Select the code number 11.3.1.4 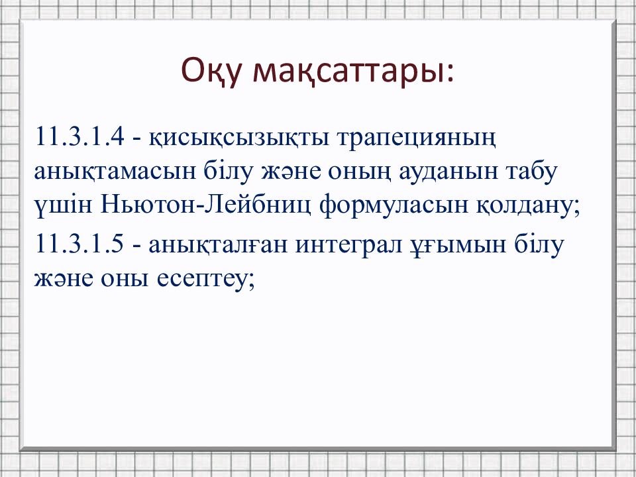click(x=79, y=136)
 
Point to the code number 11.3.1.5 click(x=79, y=244)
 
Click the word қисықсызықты click(x=239, y=138)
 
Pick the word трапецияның click(x=417, y=138)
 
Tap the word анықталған click(x=219, y=244)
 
